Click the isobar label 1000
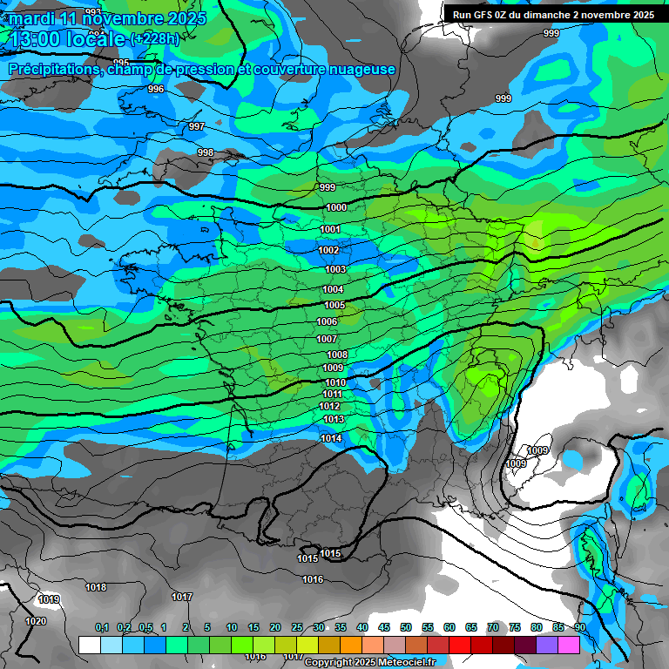point(336,207)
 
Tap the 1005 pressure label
point(334,305)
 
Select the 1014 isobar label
point(331,438)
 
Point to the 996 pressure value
point(156,89)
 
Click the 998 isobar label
point(206,152)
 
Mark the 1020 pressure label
point(36,621)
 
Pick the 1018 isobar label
point(96,587)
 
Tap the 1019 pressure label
point(49,599)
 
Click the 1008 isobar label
point(337,355)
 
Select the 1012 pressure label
point(329,406)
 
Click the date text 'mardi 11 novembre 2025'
point(108,18)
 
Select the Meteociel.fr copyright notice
point(369,662)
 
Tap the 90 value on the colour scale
point(579,627)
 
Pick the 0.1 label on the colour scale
point(101,627)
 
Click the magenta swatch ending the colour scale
point(569,645)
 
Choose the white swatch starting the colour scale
point(89,645)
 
